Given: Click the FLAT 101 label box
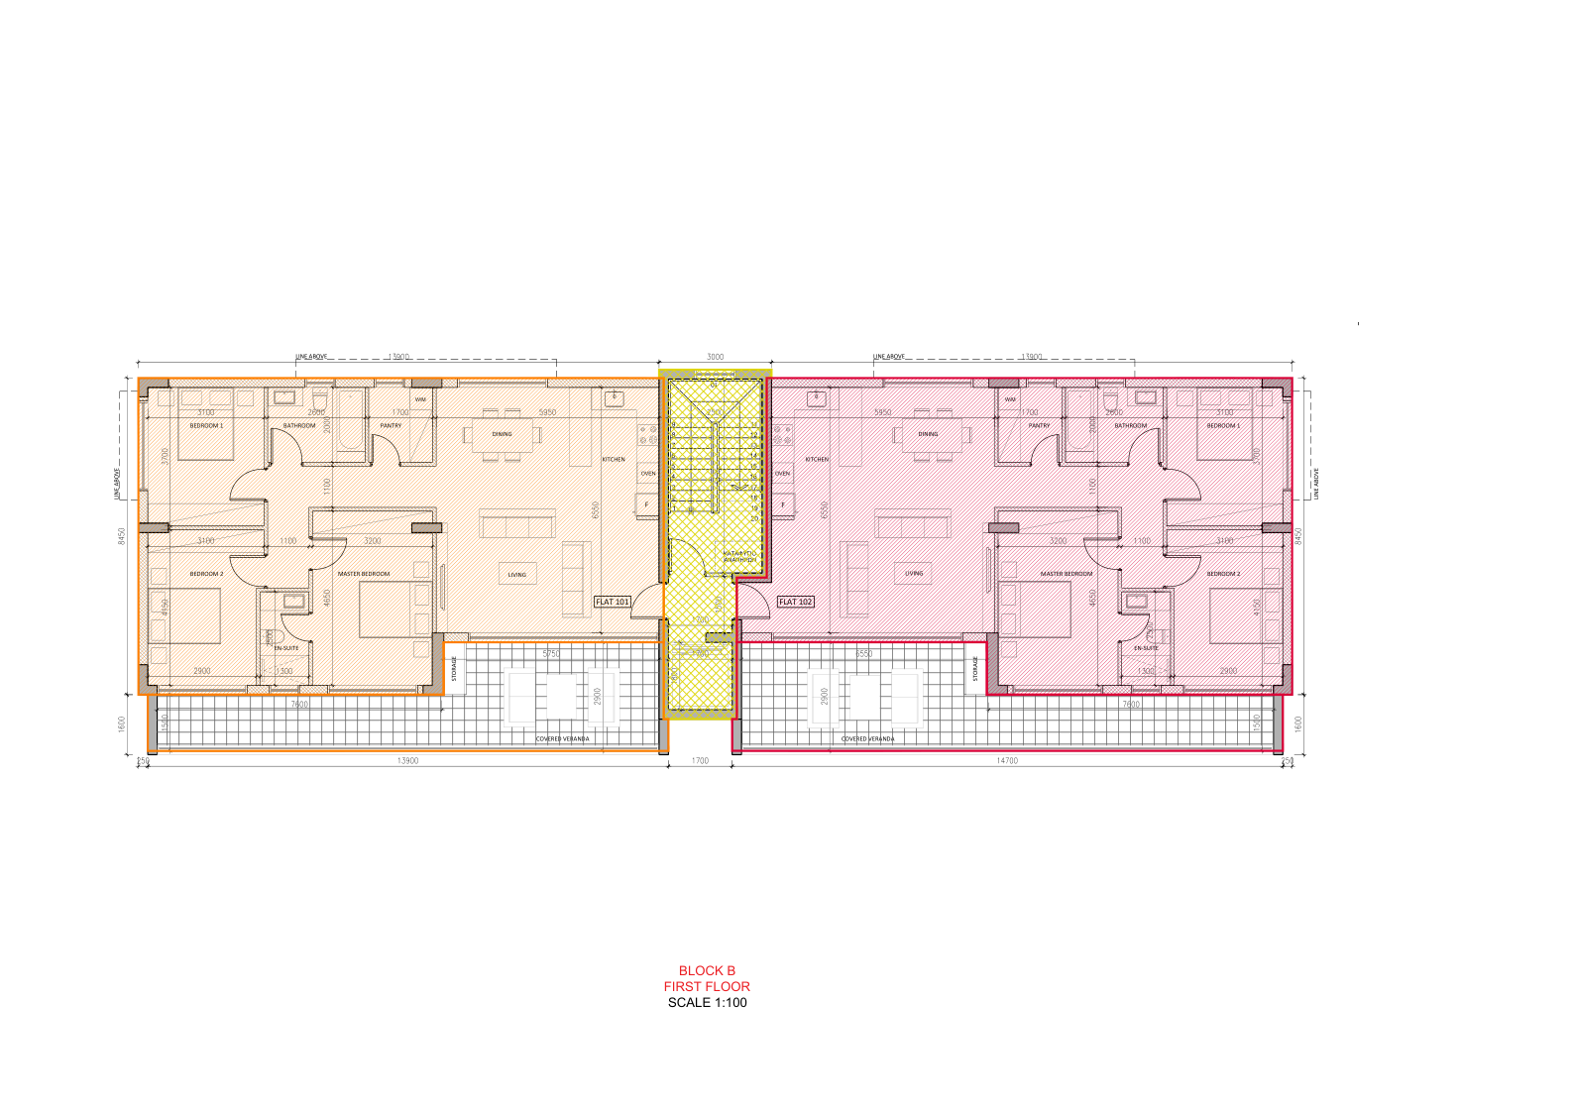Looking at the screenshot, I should click(x=613, y=602).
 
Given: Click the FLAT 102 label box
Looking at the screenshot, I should click(x=795, y=602).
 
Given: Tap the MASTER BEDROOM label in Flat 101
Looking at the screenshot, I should click(x=364, y=574).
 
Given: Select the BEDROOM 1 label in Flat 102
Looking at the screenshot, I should click(x=1223, y=425).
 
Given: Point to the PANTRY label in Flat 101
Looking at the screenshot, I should click(x=391, y=425).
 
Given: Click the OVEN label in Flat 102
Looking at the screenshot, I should click(x=782, y=474).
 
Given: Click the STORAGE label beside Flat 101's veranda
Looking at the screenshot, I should click(x=455, y=669).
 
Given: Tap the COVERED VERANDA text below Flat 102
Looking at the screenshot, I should click(x=867, y=738).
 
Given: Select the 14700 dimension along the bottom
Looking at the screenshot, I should click(x=1006, y=761).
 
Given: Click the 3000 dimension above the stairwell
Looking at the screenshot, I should click(x=715, y=357).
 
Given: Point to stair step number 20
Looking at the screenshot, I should click(x=754, y=518).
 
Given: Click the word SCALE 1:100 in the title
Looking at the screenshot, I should click(x=707, y=1002).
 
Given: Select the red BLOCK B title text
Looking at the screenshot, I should click(x=707, y=970).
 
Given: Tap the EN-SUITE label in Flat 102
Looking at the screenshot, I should click(x=1146, y=648).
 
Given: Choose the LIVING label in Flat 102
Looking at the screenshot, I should click(x=914, y=573).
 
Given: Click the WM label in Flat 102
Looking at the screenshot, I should click(x=1010, y=399).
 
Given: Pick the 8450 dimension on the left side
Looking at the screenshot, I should click(x=122, y=535).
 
